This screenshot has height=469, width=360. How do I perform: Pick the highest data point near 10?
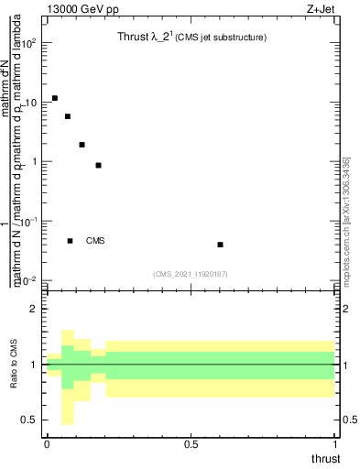55,98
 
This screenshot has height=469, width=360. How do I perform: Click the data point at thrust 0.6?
221,245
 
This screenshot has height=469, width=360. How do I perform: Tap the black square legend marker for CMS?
70,241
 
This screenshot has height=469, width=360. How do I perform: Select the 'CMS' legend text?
95,241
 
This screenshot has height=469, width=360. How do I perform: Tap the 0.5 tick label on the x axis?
191,443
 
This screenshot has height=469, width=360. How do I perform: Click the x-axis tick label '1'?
334,443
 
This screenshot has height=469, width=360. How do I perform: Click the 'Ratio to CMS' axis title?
14,364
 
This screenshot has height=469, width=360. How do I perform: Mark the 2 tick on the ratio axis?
34,310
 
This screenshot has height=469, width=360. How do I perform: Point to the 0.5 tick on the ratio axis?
31,420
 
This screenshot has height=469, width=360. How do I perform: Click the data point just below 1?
98,165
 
